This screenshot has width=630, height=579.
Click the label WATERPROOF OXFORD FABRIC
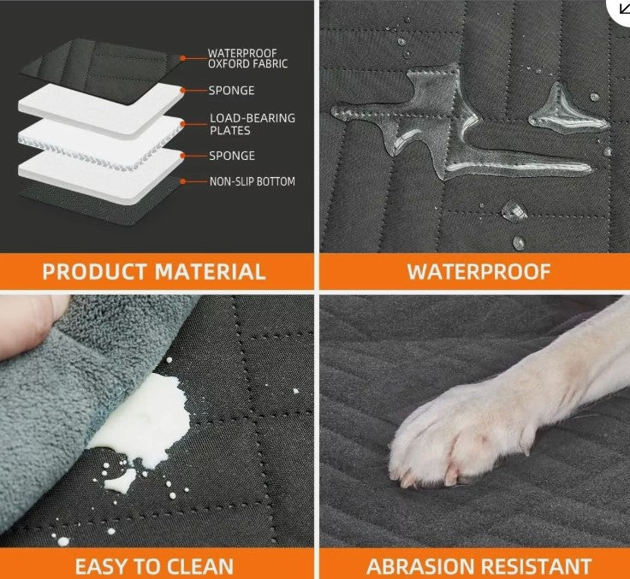(x=247, y=59)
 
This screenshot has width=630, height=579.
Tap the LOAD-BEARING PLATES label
(x=253, y=124)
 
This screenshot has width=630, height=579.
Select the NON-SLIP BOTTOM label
(x=253, y=181)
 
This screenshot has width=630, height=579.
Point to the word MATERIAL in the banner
(x=210, y=272)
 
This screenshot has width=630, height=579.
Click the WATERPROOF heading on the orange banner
(x=478, y=272)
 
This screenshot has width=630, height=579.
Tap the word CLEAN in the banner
(x=199, y=566)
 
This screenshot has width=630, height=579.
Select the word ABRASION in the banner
(x=420, y=566)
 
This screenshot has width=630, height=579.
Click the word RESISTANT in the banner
(x=536, y=566)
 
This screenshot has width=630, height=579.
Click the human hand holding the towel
(x=30, y=325)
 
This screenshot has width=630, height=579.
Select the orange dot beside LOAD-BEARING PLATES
(x=183, y=124)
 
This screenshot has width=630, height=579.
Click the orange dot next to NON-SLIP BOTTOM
(x=183, y=181)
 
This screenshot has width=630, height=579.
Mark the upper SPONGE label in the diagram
(x=231, y=91)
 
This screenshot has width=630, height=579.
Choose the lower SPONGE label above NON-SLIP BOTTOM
(x=232, y=156)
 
